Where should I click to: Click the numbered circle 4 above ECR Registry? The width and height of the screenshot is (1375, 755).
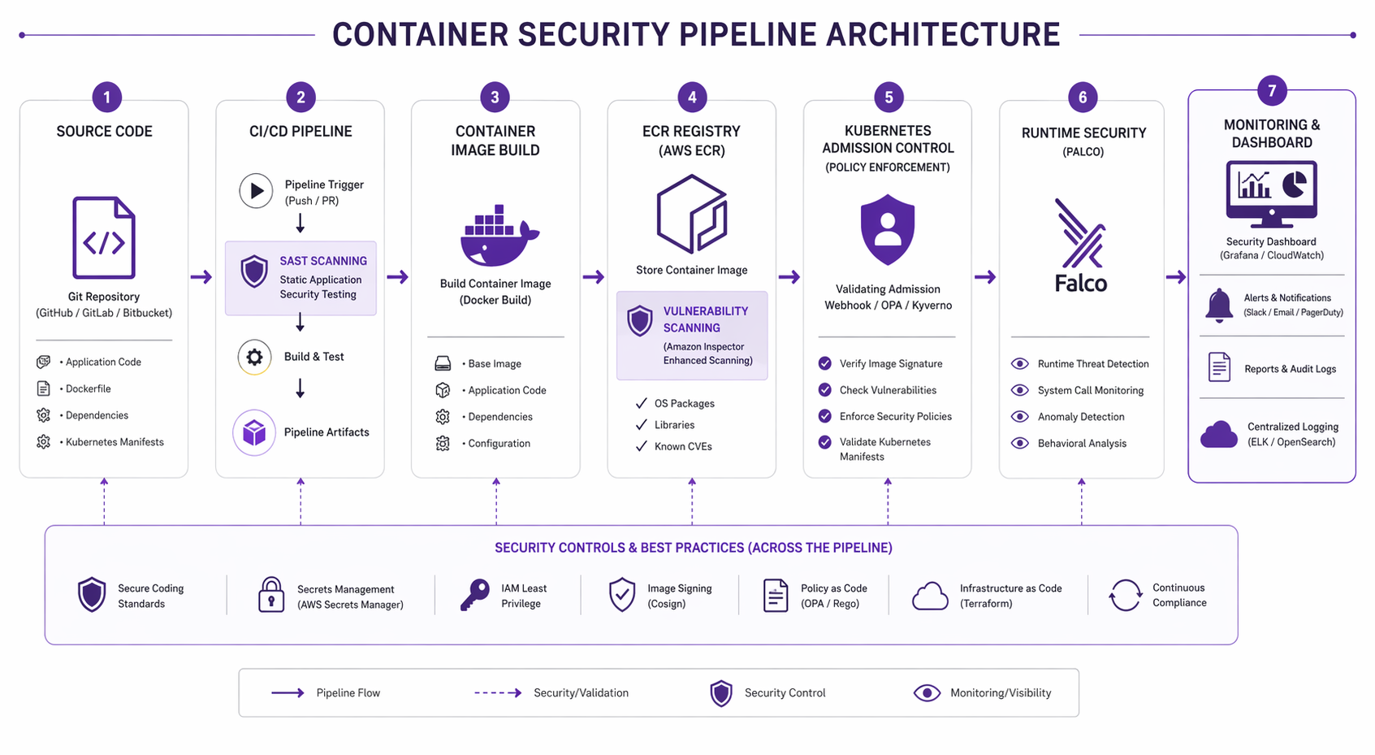692,98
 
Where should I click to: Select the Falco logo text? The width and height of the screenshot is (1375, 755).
1081,284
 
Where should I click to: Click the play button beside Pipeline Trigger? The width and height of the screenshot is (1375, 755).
256,191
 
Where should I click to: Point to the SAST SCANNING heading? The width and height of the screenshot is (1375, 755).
323,261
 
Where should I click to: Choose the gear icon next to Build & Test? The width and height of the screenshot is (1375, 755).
254,357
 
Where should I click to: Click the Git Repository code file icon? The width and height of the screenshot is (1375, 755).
104,238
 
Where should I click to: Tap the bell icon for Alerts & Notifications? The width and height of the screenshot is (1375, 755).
1218,306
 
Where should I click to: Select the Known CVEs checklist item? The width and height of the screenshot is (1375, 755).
683,446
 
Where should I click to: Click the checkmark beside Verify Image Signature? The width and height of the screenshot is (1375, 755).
825,363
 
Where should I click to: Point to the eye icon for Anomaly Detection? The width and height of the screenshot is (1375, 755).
1020,417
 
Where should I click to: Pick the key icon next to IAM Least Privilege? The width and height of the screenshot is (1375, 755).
475,595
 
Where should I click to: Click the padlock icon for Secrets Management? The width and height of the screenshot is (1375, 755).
271,595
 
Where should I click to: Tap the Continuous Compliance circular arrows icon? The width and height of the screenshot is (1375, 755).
1126,595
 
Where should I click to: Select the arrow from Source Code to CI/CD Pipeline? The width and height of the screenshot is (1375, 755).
201,277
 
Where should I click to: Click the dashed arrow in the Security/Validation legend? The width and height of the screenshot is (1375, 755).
498,693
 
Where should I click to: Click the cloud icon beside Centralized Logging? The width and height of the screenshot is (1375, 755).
1218,435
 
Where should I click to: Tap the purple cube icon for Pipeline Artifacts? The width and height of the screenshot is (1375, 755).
254,432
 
